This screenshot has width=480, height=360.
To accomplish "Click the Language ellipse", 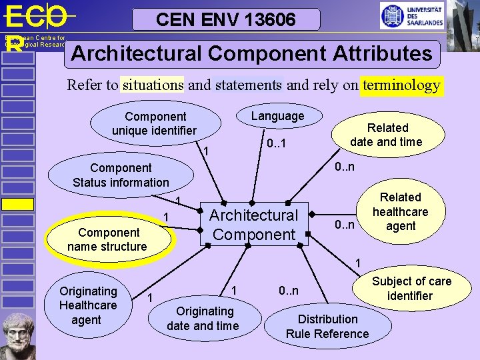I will pos(277,117).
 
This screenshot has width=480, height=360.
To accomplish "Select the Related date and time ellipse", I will pos(387,135).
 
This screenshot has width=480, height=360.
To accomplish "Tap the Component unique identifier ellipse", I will pos(155,123).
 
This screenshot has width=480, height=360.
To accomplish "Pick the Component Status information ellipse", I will pos(121,175).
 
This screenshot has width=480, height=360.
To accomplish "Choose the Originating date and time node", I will pos(203,319).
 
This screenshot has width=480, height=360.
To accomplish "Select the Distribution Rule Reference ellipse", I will pos(327,327).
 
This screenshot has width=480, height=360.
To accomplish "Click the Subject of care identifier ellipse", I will pos(411,289).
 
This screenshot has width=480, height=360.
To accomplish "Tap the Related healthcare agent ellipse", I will pos(400,212).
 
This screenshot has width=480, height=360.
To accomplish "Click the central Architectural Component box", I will pos(254,225).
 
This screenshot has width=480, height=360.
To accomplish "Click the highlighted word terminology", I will pos(401,85).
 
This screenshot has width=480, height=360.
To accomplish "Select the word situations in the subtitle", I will pos(153,85).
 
